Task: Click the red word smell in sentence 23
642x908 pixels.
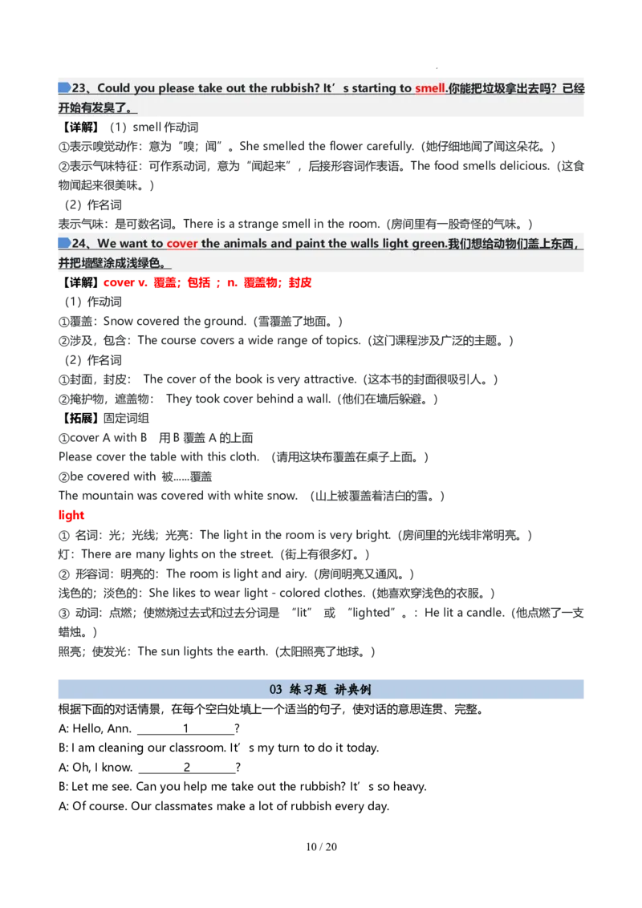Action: click(430, 88)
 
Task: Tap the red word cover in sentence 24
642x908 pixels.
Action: click(182, 243)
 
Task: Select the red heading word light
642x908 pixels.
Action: click(71, 515)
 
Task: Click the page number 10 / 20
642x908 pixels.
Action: click(321, 846)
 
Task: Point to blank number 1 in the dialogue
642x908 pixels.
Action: click(186, 728)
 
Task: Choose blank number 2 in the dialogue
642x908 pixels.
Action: click(187, 768)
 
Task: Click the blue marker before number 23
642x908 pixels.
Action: click(64, 87)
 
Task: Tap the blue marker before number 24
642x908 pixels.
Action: click(64, 242)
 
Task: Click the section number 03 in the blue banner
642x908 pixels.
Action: click(276, 689)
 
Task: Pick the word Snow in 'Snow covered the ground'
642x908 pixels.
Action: click(118, 321)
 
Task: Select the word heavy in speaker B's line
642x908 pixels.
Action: click(409, 786)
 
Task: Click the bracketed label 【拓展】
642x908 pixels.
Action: click(80, 418)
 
